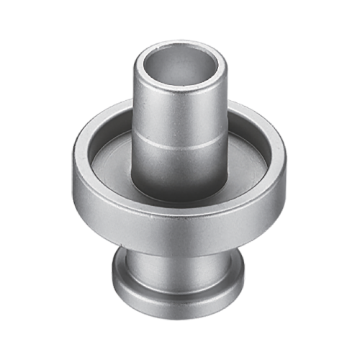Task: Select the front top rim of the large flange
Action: coord(180,208)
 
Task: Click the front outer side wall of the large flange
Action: coord(180,230)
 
